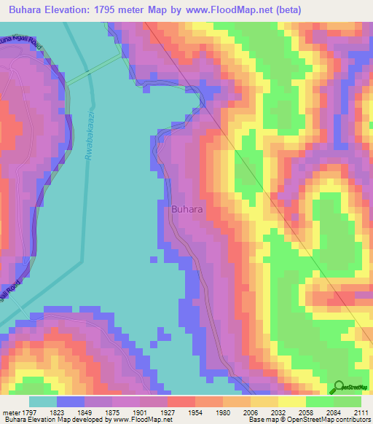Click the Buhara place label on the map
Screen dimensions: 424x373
point(186,209)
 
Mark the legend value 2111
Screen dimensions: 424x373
point(359,412)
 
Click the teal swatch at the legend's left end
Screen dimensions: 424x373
point(42,401)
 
